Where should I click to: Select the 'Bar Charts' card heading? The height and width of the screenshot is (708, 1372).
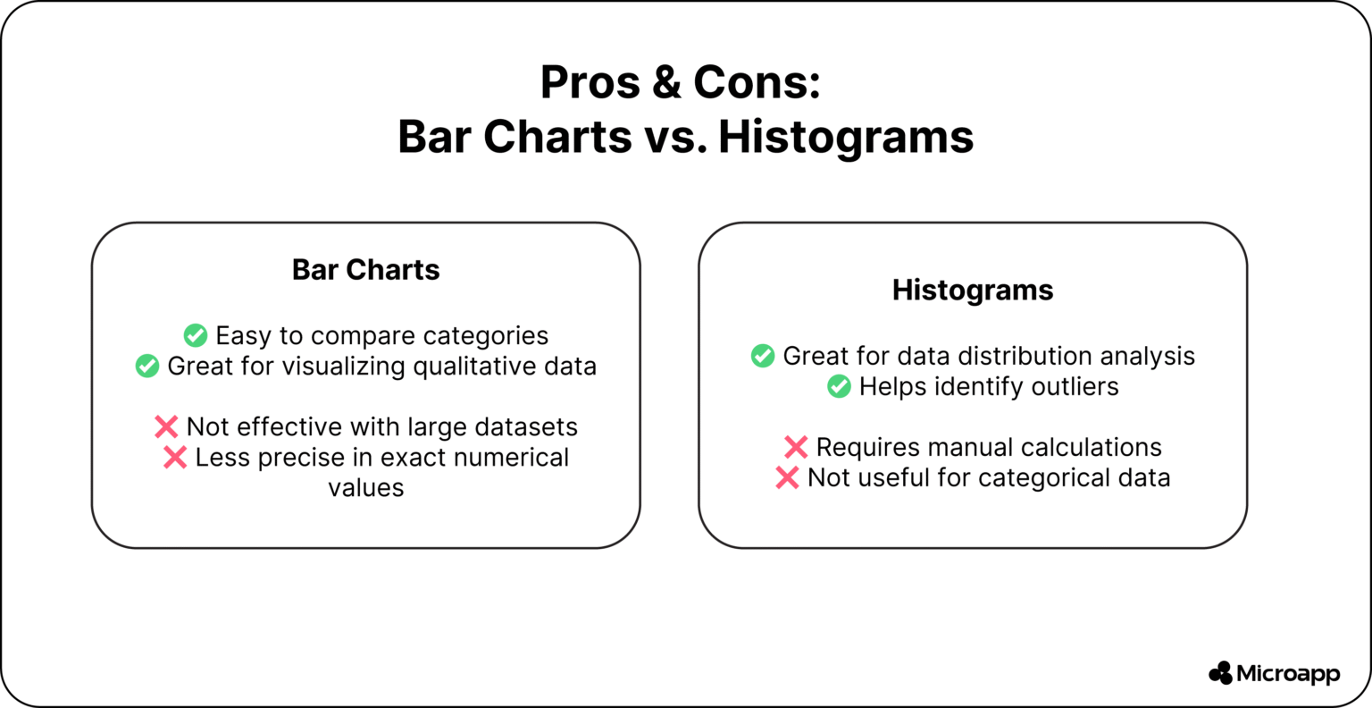coord(365,270)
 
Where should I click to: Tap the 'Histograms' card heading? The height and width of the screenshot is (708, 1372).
coord(973,291)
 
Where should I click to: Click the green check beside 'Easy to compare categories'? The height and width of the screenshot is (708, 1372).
coord(196,336)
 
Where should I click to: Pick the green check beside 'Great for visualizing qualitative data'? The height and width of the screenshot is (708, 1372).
coord(147,367)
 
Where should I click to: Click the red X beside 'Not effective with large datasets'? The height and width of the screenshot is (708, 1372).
coord(166,427)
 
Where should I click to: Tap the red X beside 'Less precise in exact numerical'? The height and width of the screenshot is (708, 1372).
coord(175,458)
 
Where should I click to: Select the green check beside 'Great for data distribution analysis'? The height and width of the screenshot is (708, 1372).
coord(763,357)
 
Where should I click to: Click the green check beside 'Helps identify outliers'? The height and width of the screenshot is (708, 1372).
coord(839,387)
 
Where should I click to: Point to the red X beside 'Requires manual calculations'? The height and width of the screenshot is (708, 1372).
coord(796,448)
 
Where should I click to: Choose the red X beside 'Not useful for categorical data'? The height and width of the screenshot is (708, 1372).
coord(787,478)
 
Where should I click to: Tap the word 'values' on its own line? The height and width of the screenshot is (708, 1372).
coord(365,488)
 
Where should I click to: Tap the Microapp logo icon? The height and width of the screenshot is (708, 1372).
coord(1220,673)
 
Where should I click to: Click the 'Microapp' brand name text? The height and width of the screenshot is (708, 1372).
coord(1288,674)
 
